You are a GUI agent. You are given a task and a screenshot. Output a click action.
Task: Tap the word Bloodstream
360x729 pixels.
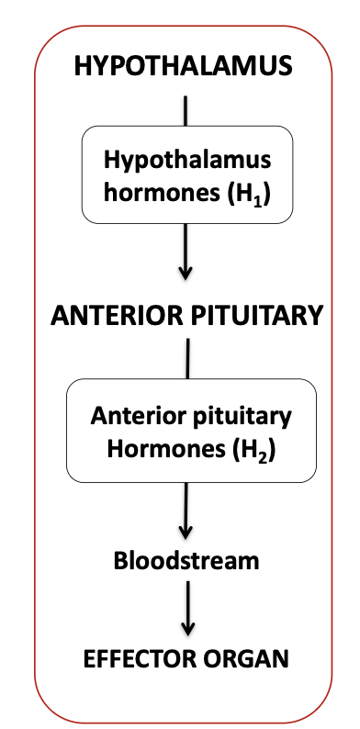coord(186,560)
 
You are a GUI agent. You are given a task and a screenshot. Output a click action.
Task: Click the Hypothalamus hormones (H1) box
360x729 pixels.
coord(186,174)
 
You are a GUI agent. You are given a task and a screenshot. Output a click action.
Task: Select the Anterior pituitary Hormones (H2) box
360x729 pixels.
coord(191,432)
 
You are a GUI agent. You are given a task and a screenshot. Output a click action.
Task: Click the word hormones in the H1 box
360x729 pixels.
coord(165,194)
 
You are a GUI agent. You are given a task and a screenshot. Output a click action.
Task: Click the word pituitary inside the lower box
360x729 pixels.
coord(242,414)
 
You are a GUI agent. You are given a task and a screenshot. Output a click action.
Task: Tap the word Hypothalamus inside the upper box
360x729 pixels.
coord(187,159)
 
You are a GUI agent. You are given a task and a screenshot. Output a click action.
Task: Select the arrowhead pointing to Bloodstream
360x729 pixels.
coord(186,532)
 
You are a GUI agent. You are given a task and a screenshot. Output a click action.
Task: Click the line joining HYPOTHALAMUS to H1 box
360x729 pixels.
coord(186,107)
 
